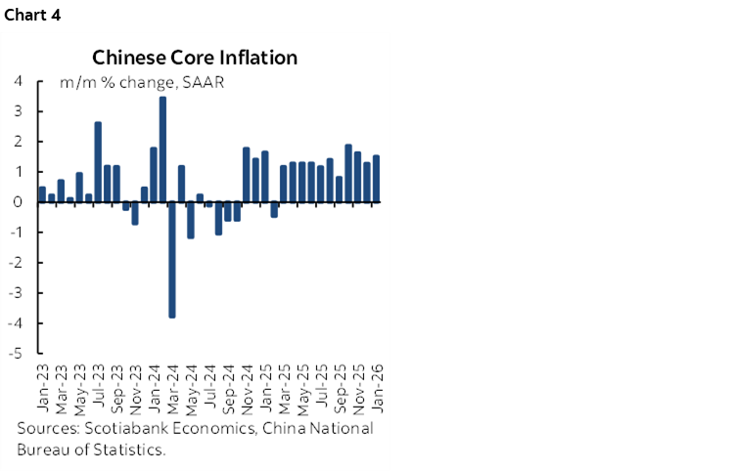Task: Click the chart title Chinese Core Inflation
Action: (195, 58)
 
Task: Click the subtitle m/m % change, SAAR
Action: (142, 82)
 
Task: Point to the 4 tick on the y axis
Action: (18, 81)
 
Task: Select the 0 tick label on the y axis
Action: (18, 202)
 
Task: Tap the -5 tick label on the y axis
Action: (15, 354)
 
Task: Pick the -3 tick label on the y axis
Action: (15, 293)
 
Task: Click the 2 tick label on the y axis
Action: (18, 142)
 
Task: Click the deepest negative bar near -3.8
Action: (172, 260)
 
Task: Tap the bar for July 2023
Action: (98, 162)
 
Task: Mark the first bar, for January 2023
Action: (42, 194)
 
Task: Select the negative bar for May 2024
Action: (191, 220)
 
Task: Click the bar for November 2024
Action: (247, 175)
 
